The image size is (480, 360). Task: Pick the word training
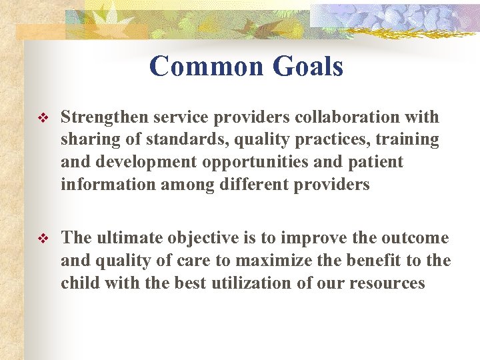[407, 140]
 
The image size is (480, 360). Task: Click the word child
[79, 283]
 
